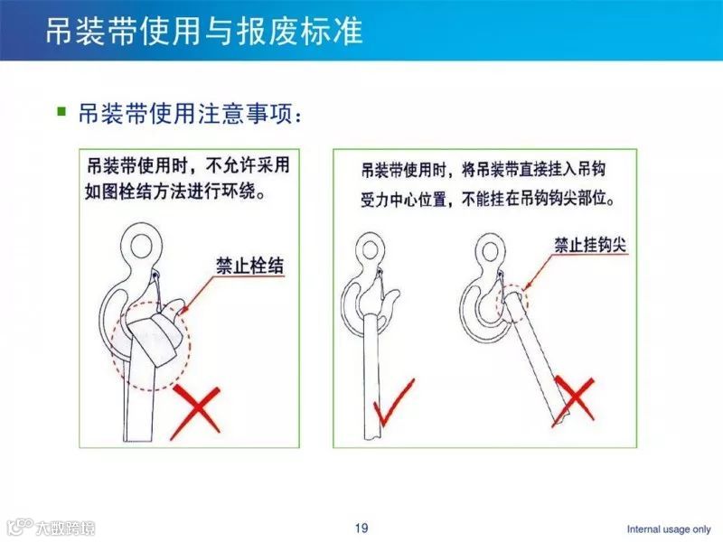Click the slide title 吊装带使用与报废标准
point(203,32)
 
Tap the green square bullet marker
point(61,113)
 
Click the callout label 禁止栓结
point(244,264)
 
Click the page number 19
point(361,528)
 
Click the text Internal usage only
point(669,528)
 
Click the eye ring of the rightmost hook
point(489,248)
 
